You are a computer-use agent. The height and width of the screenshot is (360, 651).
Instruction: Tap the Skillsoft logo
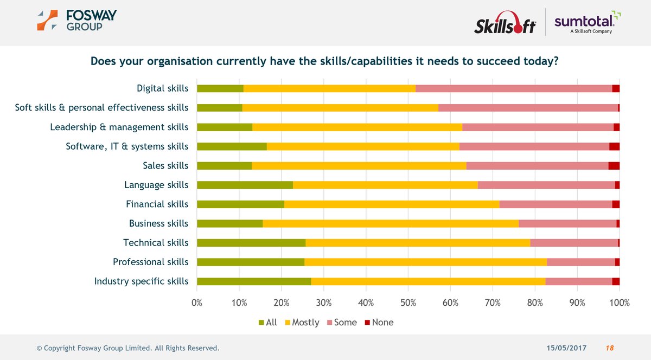(x=505, y=25)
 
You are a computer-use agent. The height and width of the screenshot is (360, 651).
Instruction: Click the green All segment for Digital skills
(x=220, y=88)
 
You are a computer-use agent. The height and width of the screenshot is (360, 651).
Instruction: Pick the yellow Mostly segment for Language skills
(x=385, y=185)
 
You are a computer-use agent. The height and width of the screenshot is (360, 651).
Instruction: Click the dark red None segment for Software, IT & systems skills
(x=614, y=146)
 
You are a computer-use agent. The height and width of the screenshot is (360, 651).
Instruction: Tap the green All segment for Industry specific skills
(x=254, y=281)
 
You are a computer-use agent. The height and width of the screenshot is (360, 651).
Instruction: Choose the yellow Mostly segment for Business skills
(x=391, y=223)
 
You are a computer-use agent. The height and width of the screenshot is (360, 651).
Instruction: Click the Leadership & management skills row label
(x=119, y=127)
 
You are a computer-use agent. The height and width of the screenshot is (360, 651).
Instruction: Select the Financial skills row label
(x=157, y=204)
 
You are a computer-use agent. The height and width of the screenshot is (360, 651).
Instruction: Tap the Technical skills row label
(x=156, y=242)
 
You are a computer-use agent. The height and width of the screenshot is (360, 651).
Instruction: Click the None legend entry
(x=378, y=322)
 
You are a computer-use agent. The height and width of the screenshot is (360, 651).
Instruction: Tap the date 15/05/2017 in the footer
(x=566, y=348)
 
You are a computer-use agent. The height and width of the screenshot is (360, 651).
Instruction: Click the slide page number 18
(x=610, y=348)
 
